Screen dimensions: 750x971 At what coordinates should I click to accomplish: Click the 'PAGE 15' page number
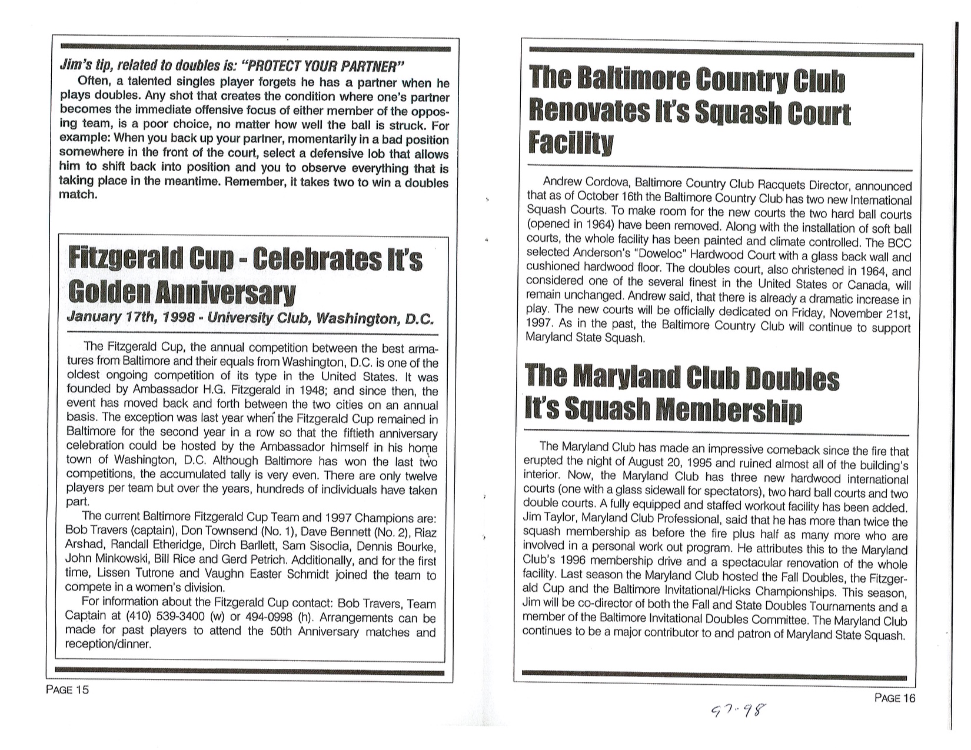pos(67,689)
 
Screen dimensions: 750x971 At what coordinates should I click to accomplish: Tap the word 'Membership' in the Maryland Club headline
pos(729,411)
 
